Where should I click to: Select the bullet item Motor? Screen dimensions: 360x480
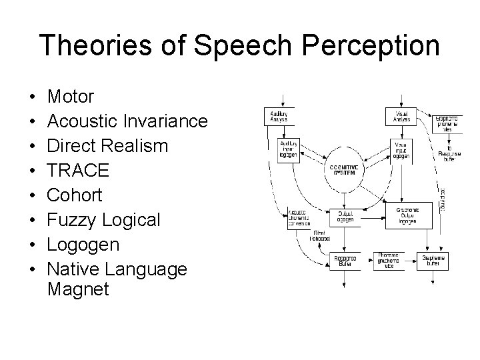(71, 97)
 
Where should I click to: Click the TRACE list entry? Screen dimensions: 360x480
(79, 171)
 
